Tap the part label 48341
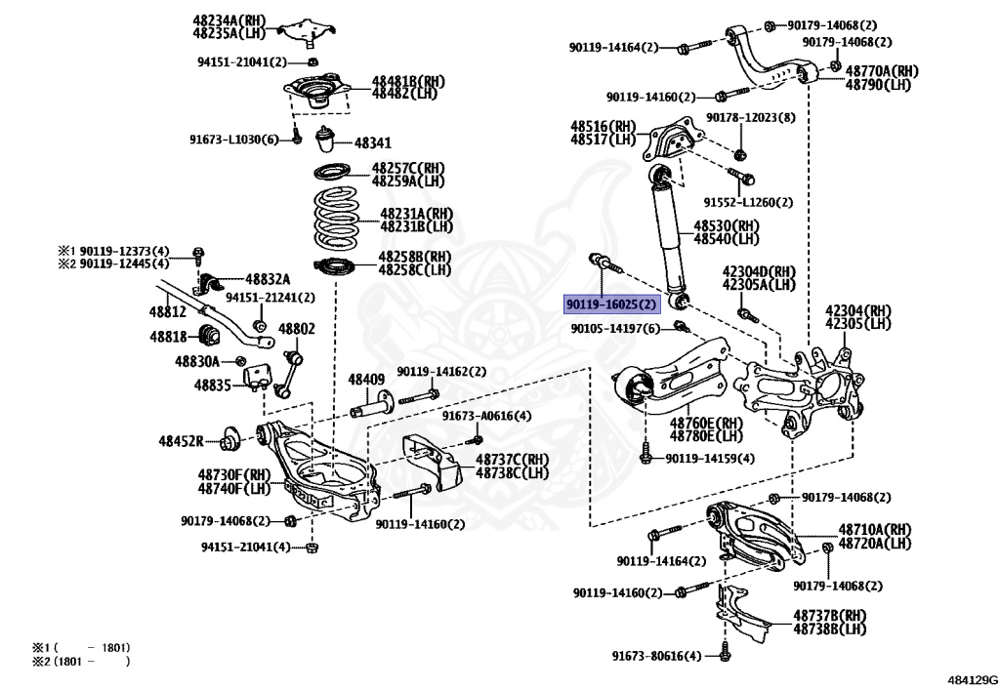pos(372,142)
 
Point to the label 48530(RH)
pos(727,225)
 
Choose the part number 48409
pos(366,379)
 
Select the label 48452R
pos(182,441)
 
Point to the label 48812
pos(167,311)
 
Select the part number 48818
pos(167,336)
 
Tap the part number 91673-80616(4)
pos(656,655)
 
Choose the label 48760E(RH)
pos(706,424)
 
